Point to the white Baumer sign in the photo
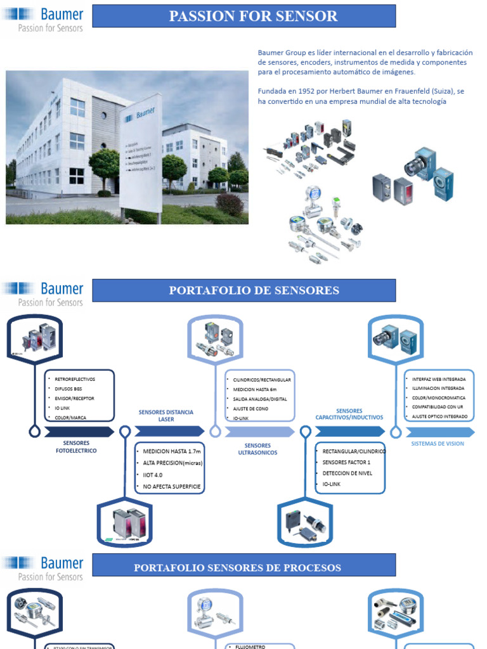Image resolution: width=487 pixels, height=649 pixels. pyautogui.click(x=141, y=158)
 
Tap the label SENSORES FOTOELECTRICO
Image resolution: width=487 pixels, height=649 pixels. pyautogui.click(x=76, y=447)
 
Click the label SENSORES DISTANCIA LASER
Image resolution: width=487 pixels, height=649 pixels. pyautogui.click(x=166, y=416)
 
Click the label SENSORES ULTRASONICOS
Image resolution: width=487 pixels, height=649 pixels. pyautogui.click(x=257, y=449)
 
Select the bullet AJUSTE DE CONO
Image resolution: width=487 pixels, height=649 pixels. pyautogui.click(x=251, y=409)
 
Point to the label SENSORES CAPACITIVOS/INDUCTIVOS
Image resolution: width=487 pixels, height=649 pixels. pyautogui.click(x=349, y=414)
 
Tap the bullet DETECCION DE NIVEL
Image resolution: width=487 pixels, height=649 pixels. pyautogui.click(x=347, y=473)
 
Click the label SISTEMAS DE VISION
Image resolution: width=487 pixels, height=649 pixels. pyautogui.click(x=438, y=444)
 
